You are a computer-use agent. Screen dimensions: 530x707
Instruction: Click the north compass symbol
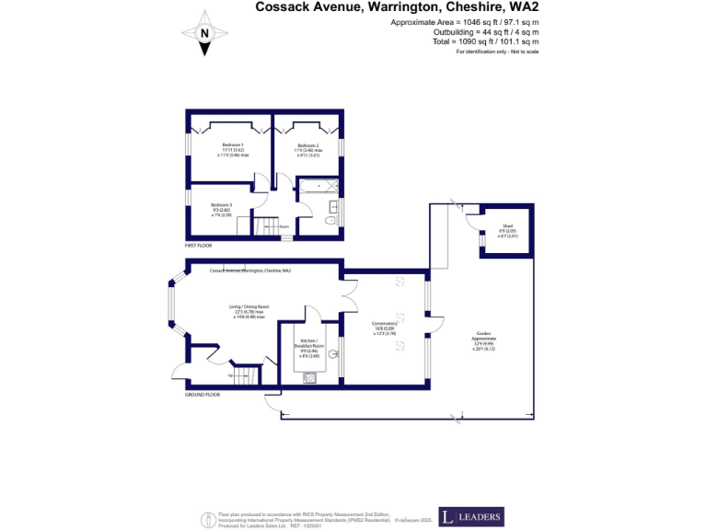coord(203,34)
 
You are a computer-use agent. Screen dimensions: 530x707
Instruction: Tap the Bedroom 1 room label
coord(232,150)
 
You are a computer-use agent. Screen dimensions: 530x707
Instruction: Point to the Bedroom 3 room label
coord(221,209)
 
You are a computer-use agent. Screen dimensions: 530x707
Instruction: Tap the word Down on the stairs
coord(284,225)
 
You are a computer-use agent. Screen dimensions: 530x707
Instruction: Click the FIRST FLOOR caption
coord(198,246)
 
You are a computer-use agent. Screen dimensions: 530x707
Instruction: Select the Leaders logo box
coord(470,516)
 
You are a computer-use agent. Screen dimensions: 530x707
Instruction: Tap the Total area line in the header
coord(485,42)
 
